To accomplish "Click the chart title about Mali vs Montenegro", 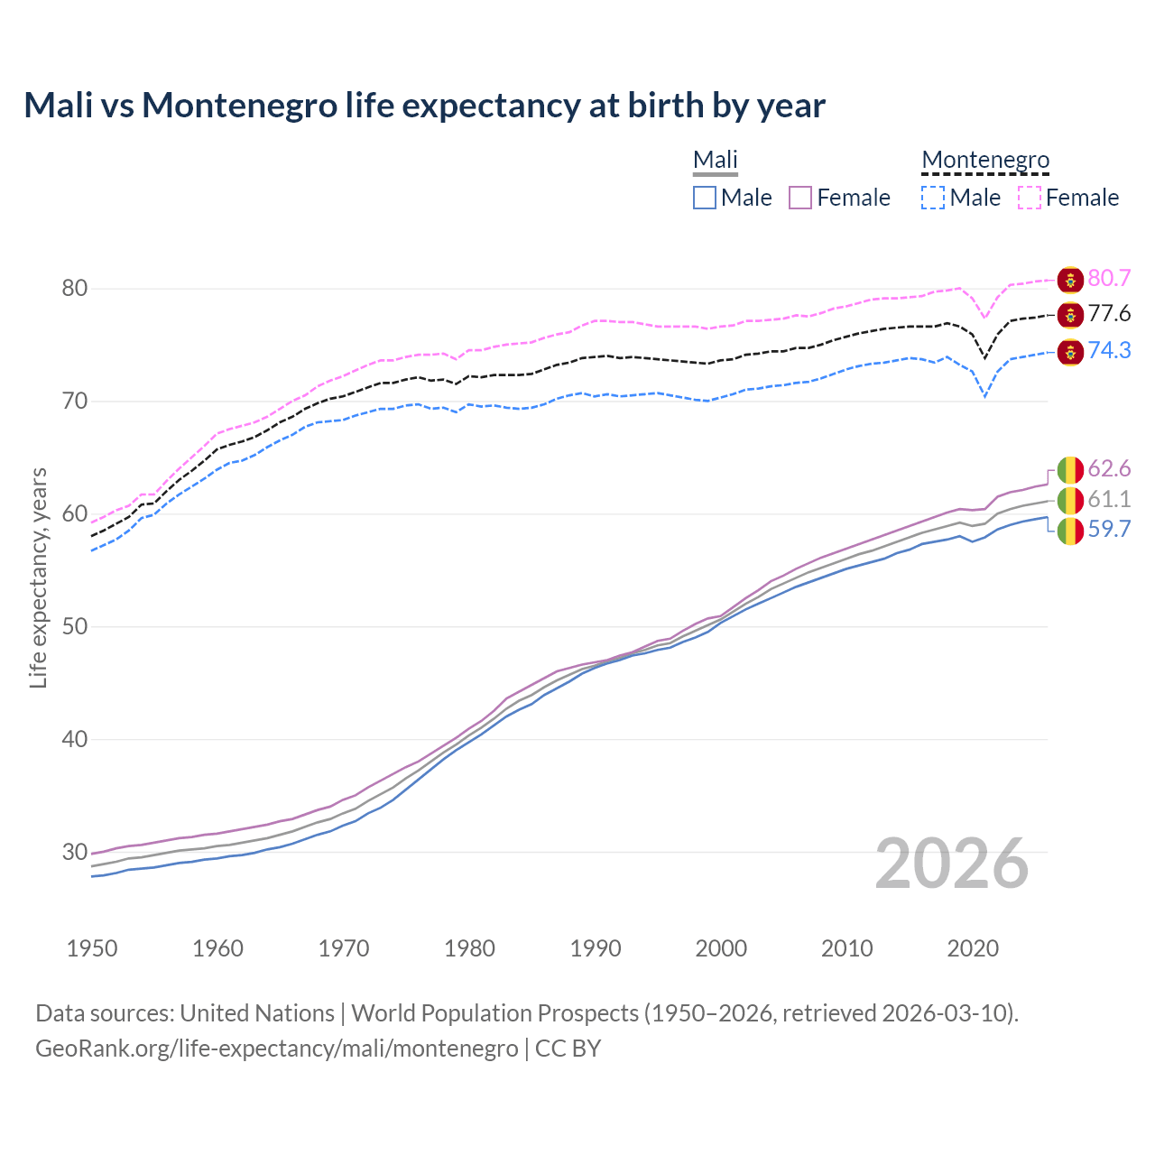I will point(424,106).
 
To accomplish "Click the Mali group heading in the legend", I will point(716,161).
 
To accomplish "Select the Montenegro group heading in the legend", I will point(985,161).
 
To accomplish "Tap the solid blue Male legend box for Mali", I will point(705,198).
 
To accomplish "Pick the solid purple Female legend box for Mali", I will point(801,198).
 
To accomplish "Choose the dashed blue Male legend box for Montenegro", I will point(934,198).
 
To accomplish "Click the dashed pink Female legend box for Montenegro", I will point(1030,198).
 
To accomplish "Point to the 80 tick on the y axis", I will point(75,289).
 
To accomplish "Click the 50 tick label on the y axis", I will point(75,627).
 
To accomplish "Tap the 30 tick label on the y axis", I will point(75,852).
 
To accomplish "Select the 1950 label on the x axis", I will point(92,948).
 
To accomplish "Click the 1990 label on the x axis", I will point(596,948).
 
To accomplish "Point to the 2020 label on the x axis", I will point(973,948).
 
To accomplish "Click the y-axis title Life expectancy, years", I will point(39,577).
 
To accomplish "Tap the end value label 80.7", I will point(1109,279).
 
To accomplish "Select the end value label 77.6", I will point(1109,314).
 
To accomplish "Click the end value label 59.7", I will point(1109,530).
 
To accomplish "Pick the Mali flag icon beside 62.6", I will point(1070,470).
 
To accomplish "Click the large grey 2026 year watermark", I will point(952,864).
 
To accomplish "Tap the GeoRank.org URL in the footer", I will point(277,1049).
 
